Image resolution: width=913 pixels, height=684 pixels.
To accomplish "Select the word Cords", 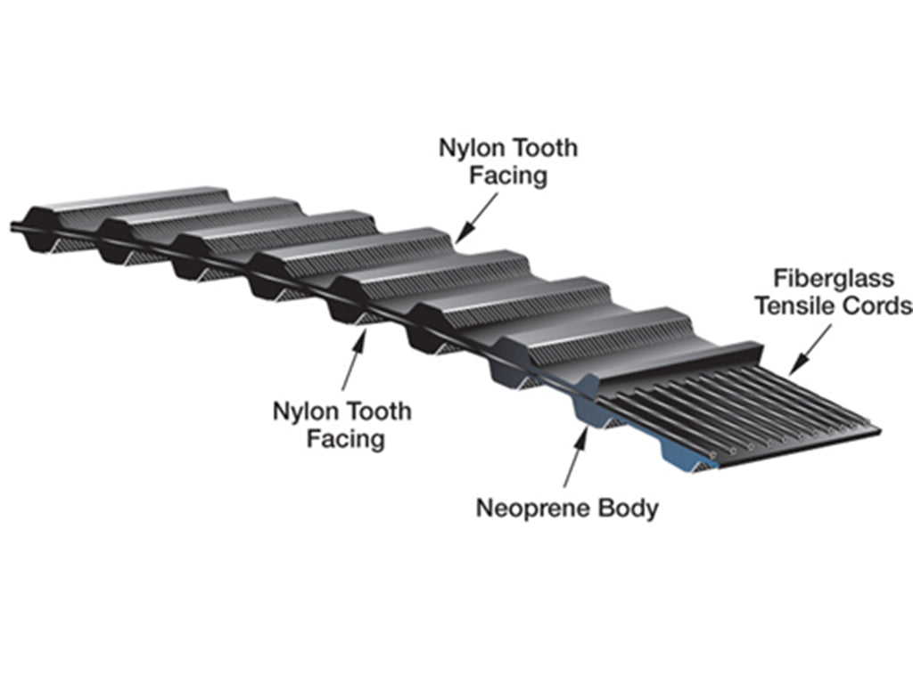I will (x=877, y=305).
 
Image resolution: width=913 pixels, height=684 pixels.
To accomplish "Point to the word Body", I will (x=629, y=509).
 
